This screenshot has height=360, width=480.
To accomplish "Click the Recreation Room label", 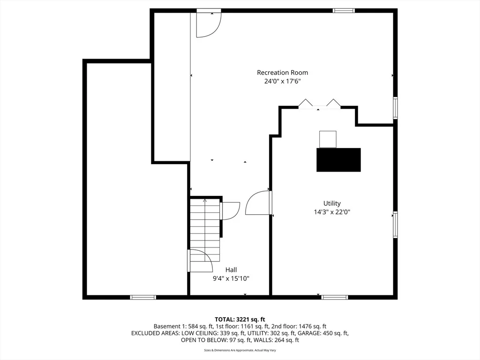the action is click(x=282, y=73).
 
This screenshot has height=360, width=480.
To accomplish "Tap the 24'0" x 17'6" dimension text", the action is click(x=283, y=82).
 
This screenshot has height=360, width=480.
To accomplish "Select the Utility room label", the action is click(x=332, y=203).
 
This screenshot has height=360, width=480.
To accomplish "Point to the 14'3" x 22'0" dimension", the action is click(x=332, y=212).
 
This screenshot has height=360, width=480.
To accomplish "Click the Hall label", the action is click(x=231, y=270).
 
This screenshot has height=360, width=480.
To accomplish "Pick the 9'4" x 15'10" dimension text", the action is click(x=231, y=278).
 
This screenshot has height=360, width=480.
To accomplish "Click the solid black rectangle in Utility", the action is click(x=338, y=160).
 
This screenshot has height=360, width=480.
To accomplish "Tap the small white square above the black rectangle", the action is click(x=328, y=139).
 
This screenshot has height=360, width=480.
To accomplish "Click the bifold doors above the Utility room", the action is click(x=319, y=104).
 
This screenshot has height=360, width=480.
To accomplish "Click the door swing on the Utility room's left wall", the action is click(x=257, y=202).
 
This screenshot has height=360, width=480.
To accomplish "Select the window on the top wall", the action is click(x=344, y=11).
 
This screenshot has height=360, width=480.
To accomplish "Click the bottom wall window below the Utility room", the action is click(x=335, y=297).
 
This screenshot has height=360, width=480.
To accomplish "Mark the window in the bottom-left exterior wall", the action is click(x=143, y=297).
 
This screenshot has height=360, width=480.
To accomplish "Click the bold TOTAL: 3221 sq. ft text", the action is click(x=240, y=320).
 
